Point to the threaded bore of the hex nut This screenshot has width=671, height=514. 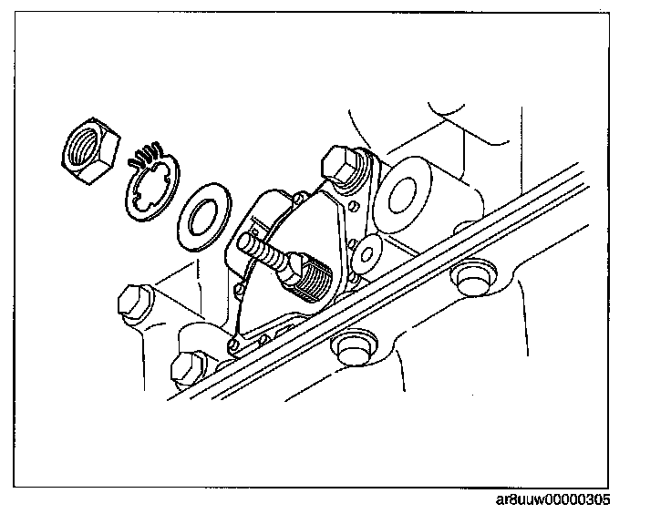click(85, 144)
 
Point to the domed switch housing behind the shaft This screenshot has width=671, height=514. click(278, 219)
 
